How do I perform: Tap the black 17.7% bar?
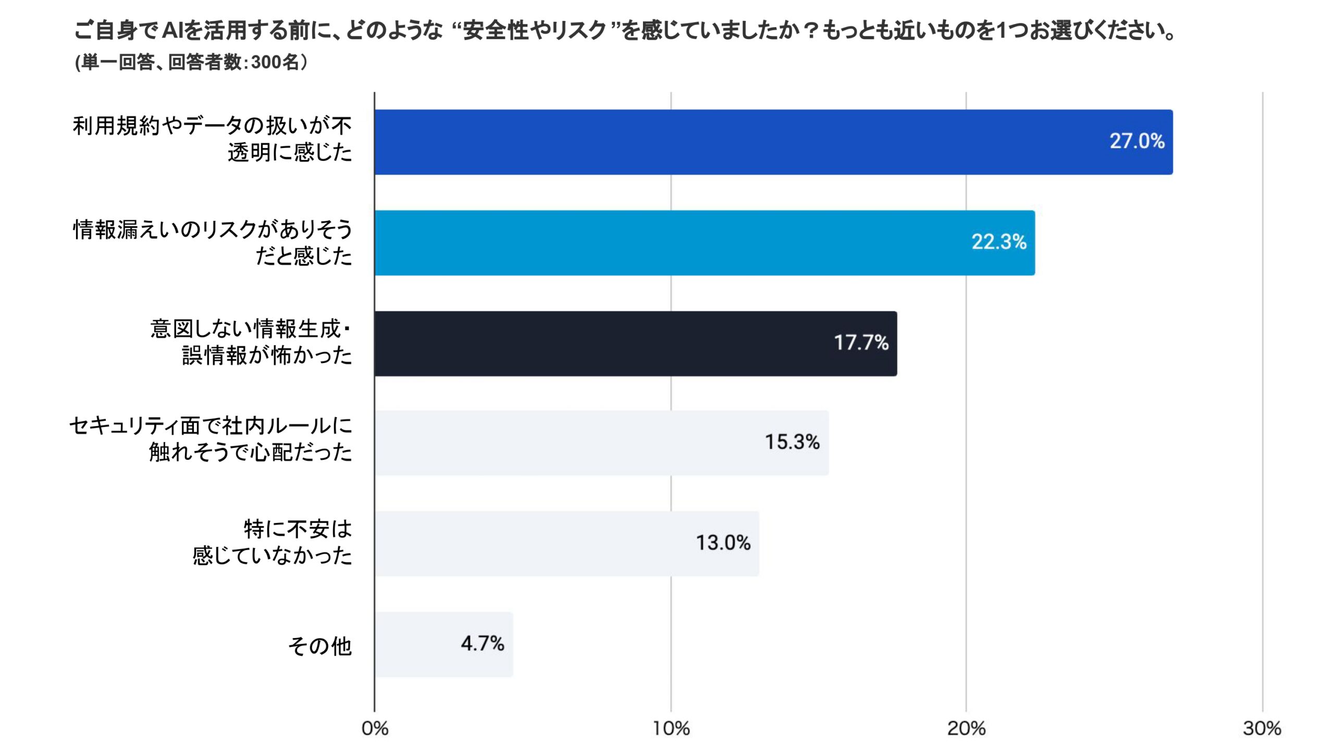tap(635, 344)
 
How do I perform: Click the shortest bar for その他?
tap(443, 644)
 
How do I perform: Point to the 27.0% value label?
tap(1137, 141)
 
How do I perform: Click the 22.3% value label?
tap(998, 242)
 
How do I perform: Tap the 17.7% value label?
tap(861, 343)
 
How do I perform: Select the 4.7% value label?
tap(482, 644)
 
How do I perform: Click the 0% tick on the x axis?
tap(375, 728)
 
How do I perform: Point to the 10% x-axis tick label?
tap(671, 728)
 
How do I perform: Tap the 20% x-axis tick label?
tap(966, 728)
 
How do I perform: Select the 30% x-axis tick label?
tap(1262, 728)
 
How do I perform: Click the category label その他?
tap(320, 646)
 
